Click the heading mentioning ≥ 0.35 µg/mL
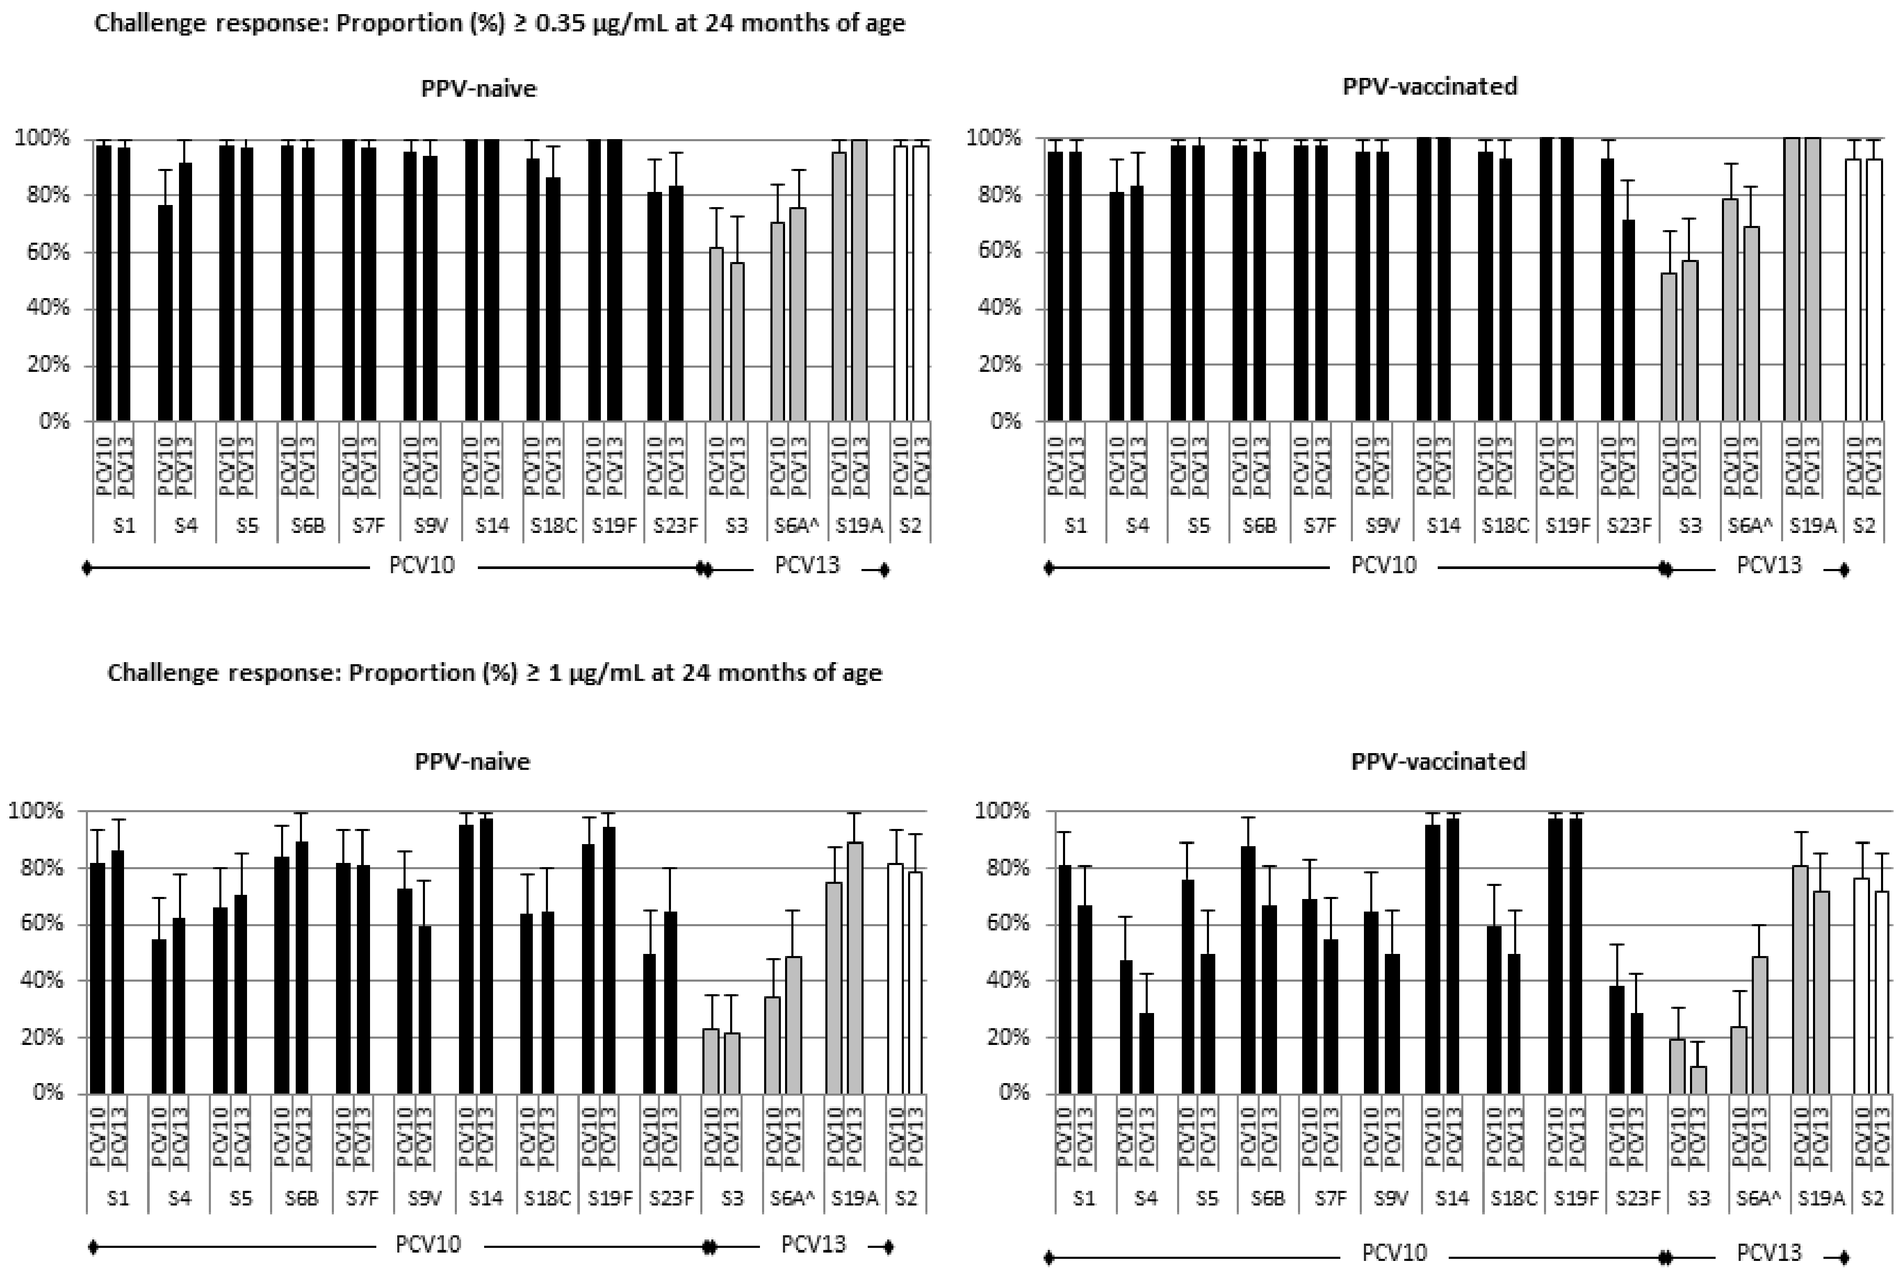pos(499,24)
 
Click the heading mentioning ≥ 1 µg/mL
pos(494,673)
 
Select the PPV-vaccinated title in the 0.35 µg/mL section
pos(1429,86)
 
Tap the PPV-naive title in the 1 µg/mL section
pos(472,761)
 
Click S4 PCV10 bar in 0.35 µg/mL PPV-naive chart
pos(165,313)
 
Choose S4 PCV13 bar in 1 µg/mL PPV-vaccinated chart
pos(1146,1053)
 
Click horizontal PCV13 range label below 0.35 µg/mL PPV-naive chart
pos(807,565)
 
